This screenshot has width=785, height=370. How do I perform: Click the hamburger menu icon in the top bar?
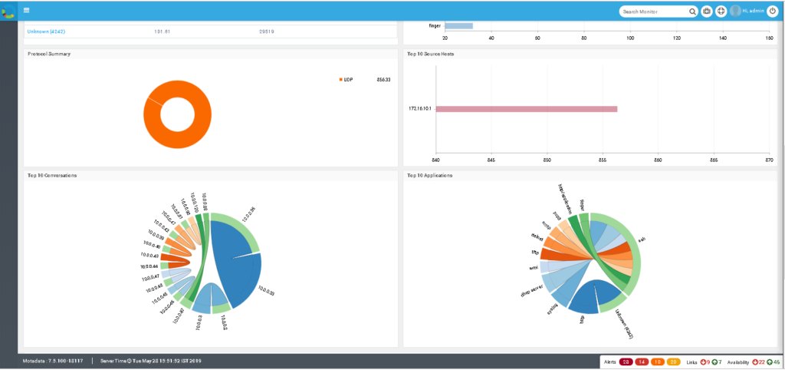[x=26, y=10]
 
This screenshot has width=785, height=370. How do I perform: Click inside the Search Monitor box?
[x=653, y=12]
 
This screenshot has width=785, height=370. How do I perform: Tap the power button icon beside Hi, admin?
[x=772, y=11]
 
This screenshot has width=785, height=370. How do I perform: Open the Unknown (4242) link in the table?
[x=46, y=31]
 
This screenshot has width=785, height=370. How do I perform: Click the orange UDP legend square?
[x=340, y=80]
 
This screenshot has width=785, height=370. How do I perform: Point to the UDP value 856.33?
[x=383, y=80]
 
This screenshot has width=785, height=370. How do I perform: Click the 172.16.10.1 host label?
[x=419, y=109]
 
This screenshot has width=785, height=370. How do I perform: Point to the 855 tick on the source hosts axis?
[x=602, y=160]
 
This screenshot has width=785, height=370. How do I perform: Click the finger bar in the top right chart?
[x=458, y=25]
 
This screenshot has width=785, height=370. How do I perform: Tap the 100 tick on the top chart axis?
[x=630, y=38]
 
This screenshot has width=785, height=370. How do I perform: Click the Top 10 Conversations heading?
[x=51, y=175]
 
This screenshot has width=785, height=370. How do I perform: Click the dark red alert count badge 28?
[x=626, y=362]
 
